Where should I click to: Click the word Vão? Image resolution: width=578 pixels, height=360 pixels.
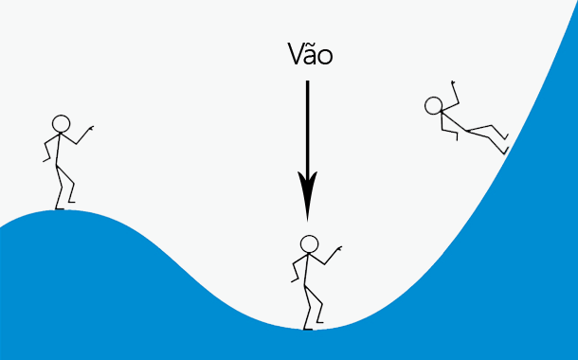point(309,56)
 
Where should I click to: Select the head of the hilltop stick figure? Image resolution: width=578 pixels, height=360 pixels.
point(61,123)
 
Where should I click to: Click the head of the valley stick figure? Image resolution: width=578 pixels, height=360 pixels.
point(309,243)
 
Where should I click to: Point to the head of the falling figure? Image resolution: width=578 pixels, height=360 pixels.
point(435,105)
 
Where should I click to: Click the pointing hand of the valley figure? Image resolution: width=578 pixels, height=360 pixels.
point(337,248)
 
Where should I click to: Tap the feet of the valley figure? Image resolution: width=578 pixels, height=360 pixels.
point(309,327)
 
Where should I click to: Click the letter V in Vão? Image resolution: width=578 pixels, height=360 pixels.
point(295,56)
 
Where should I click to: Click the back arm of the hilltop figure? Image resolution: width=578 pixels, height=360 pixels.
point(47,152)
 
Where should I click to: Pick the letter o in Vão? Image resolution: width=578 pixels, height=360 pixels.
point(325,58)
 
